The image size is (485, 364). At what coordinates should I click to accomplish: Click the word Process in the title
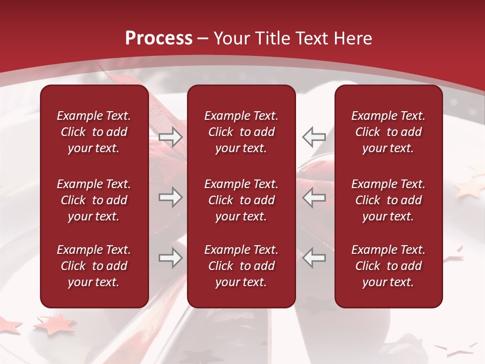(159, 38)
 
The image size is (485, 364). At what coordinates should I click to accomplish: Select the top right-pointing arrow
(170, 136)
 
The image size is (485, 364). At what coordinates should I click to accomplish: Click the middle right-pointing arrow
(170, 197)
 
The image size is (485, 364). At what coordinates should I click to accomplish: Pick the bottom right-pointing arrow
(170, 258)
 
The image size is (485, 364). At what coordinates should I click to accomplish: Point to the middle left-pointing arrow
(314, 197)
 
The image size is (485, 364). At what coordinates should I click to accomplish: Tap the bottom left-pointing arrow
(314, 258)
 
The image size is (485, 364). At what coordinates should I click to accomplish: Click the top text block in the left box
(94, 132)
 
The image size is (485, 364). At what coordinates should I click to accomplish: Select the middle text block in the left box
(94, 200)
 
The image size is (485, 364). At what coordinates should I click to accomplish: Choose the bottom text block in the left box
(94, 266)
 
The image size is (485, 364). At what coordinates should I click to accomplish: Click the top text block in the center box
(241, 132)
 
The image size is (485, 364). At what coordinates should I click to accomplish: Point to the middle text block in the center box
(241, 200)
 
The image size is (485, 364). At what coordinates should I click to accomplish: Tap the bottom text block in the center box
(241, 266)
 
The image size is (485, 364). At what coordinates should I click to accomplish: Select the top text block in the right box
(388, 132)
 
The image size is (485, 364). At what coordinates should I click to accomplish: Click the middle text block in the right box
(388, 200)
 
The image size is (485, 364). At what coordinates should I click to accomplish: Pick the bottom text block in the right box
(388, 266)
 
